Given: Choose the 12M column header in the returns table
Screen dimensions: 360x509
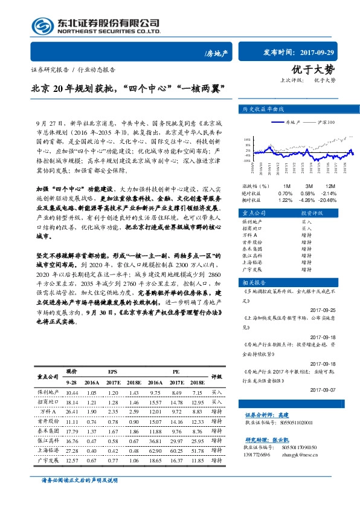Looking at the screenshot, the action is (x=330, y=186).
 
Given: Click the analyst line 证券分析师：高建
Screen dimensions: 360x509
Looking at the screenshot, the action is (x=268, y=415).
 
